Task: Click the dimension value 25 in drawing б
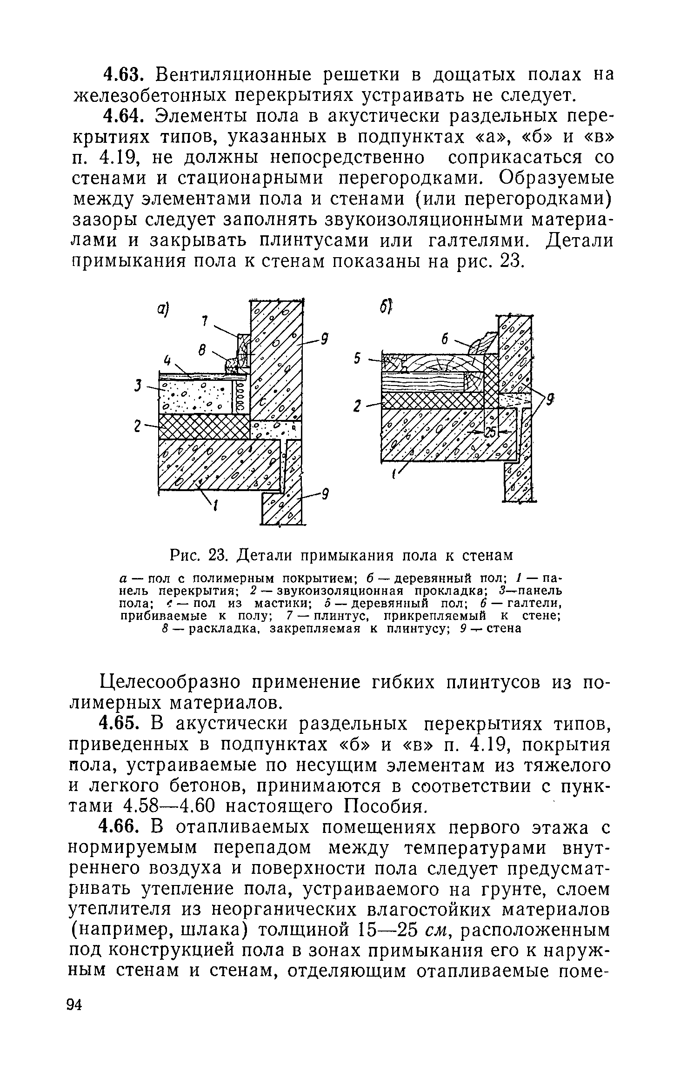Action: [x=490, y=432]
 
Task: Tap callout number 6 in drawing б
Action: [x=445, y=340]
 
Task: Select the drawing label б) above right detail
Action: [x=388, y=307]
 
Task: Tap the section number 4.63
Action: [x=121, y=74]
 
